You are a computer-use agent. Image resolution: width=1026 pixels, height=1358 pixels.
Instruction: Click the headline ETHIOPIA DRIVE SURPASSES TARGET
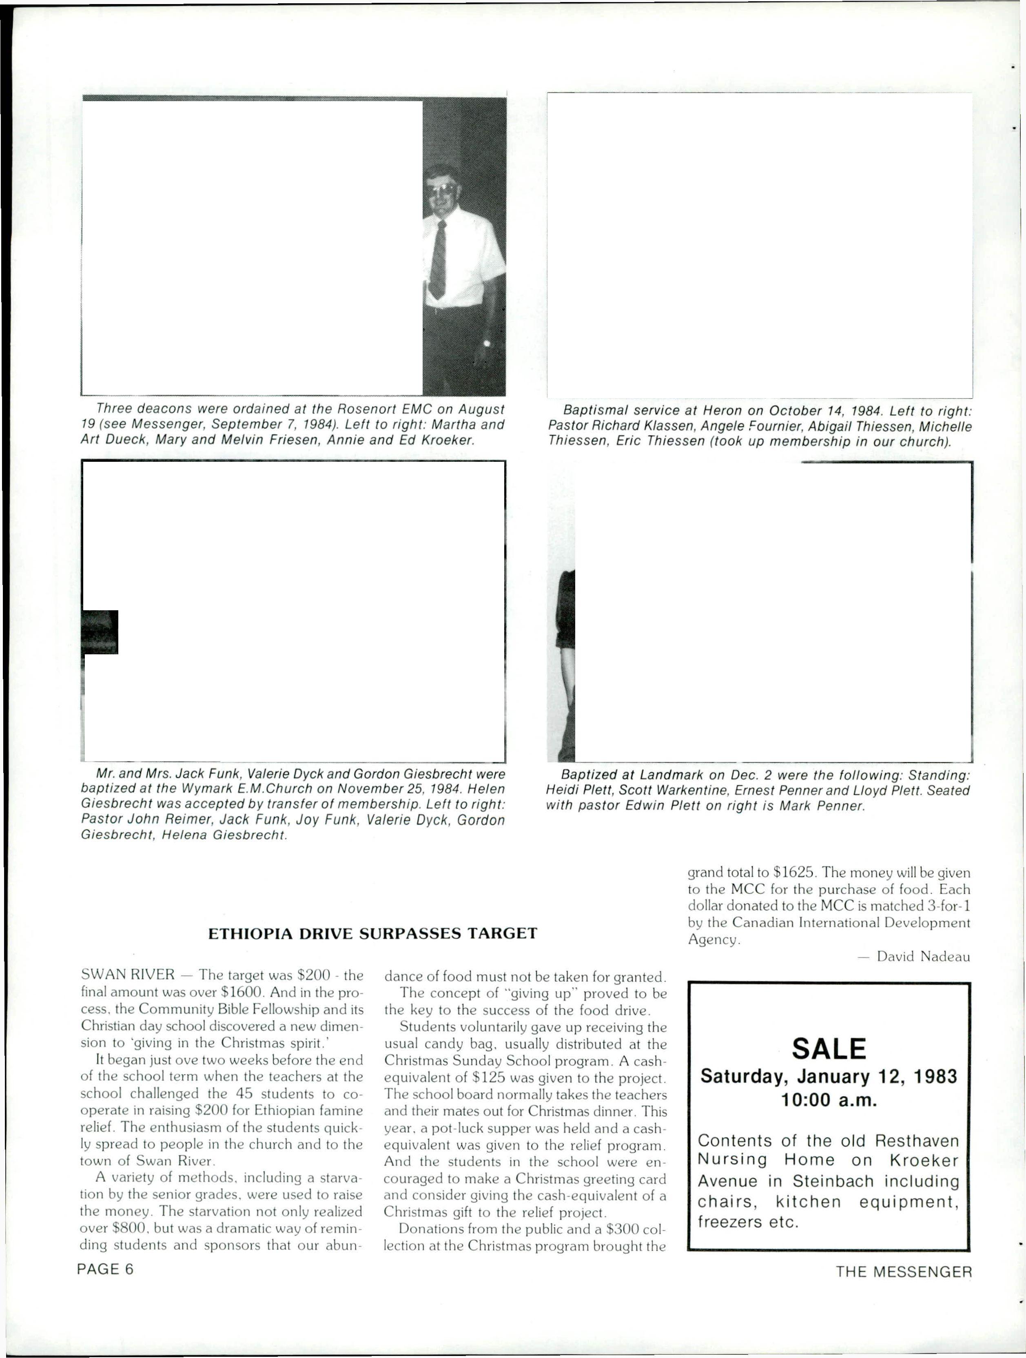click(373, 934)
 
